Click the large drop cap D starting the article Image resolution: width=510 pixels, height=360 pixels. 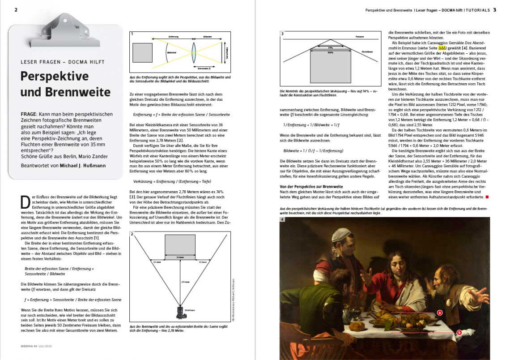tap(25, 203)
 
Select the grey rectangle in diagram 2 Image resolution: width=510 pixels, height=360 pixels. tap(180, 245)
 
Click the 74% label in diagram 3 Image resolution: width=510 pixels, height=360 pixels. tap(330, 47)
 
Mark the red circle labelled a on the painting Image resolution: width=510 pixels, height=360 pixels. tap(440, 313)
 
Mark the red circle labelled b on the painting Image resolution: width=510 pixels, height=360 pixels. tap(459, 332)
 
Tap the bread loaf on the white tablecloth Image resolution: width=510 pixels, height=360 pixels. tap(357, 326)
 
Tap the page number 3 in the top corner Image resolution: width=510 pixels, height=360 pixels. tap(495, 9)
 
